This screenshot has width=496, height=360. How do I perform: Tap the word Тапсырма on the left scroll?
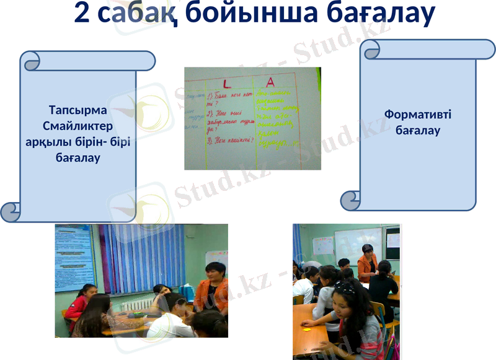[77, 110]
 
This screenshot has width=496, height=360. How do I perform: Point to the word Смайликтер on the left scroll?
[77, 126]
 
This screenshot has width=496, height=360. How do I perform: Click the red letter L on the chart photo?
[227, 82]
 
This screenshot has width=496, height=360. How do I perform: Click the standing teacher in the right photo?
[367, 260]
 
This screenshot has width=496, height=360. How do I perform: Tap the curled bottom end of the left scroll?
[11, 211]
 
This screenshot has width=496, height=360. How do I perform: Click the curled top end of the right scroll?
[373, 50]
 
